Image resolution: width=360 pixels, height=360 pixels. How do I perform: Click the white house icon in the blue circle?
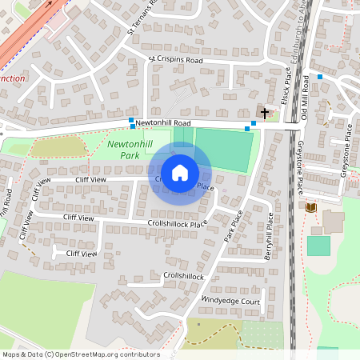(x=180, y=173)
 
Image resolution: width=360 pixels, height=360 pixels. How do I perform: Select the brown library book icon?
(x=310, y=207)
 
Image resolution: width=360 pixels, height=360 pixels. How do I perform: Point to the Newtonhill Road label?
(x=163, y=123)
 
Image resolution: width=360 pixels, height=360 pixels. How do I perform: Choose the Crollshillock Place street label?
(x=178, y=224)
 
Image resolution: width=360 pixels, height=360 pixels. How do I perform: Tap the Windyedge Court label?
(x=231, y=301)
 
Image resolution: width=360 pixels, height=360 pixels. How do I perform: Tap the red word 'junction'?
(x=13, y=79)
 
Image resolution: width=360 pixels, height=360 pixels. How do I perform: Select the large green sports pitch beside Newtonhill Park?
(x=224, y=149)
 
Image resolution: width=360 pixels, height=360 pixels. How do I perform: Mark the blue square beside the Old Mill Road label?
(x=319, y=77)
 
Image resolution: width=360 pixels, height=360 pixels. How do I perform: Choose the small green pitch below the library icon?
(x=318, y=246)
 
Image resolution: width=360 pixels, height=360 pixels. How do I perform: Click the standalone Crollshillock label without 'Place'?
(x=183, y=276)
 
